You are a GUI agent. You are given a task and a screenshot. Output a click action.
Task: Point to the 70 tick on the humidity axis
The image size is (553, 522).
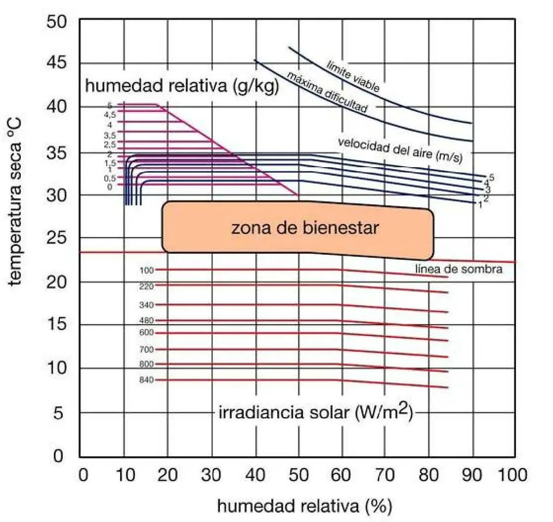[x=385, y=476]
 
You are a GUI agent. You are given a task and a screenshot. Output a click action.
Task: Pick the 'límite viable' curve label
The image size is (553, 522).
[x=353, y=76]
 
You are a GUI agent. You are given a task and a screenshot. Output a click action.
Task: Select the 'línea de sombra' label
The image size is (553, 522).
[x=459, y=269]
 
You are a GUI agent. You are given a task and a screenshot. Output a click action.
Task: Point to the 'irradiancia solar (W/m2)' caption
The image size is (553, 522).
[x=315, y=412]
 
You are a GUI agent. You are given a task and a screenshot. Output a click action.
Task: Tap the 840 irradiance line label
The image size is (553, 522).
[x=147, y=380]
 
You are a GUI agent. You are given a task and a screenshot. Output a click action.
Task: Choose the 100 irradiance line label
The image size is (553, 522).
[x=147, y=270]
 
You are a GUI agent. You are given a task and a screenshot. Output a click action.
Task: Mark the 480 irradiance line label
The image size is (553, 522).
[x=147, y=321]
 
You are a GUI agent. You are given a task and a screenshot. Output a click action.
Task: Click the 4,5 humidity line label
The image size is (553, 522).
[x=110, y=114]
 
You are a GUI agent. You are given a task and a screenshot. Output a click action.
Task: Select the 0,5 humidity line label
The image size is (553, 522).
[x=110, y=178]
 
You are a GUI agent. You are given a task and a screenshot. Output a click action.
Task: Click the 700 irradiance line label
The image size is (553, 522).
[x=147, y=349]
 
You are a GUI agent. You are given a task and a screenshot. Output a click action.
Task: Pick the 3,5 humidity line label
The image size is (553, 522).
[x=110, y=135]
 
